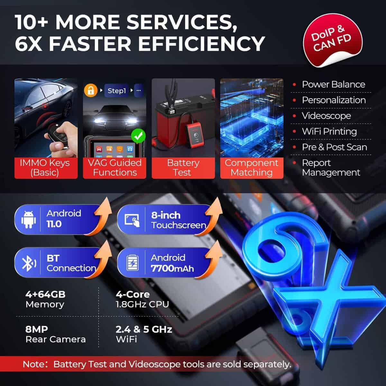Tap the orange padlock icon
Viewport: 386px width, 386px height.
(x=91, y=90)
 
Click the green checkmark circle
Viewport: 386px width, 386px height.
(x=138, y=136)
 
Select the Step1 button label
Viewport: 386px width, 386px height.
(x=116, y=91)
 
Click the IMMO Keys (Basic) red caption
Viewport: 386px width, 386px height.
(x=46, y=168)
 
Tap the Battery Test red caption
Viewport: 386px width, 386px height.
(x=183, y=168)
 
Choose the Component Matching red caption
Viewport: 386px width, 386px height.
(x=252, y=168)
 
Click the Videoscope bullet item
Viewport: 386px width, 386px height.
(x=326, y=116)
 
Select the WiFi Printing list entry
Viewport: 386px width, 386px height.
(x=329, y=132)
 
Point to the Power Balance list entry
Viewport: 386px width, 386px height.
(x=333, y=84)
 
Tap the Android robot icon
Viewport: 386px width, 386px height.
(x=28, y=220)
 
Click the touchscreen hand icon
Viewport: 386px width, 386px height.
(x=132, y=220)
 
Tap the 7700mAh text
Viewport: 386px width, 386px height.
(x=172, y=268)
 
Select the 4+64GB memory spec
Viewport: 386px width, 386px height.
(x=45, y=299)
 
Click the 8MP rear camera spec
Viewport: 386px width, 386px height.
(x=55, y=334)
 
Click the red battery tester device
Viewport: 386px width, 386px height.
(x=194, y=136)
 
